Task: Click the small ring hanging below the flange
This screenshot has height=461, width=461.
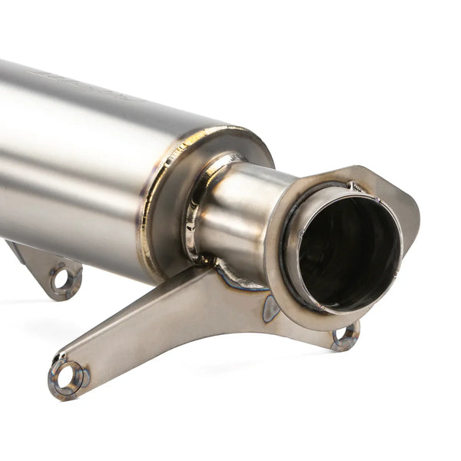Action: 345,335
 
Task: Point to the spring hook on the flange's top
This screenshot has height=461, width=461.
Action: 356,186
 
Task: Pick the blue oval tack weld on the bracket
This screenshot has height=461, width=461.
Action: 270,308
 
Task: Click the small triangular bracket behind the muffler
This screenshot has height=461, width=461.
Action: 42,265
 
